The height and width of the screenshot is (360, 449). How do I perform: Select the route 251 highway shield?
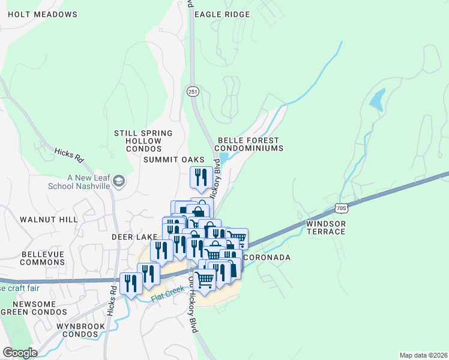(192, 91)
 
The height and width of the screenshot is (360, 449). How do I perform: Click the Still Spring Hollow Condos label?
(143, 140)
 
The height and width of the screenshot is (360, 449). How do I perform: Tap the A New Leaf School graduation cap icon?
(119, 181)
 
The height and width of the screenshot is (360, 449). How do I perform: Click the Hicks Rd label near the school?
(68, 155)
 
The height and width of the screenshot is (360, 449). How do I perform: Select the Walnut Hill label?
(49, 220)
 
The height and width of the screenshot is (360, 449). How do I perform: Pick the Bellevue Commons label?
(43, 259)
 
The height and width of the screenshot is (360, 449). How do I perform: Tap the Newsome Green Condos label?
(28, 308)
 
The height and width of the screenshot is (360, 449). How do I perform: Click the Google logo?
(20, 353)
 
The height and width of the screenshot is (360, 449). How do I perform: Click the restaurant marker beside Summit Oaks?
(199, 177)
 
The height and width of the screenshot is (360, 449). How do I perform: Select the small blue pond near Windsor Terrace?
(377, 100)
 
